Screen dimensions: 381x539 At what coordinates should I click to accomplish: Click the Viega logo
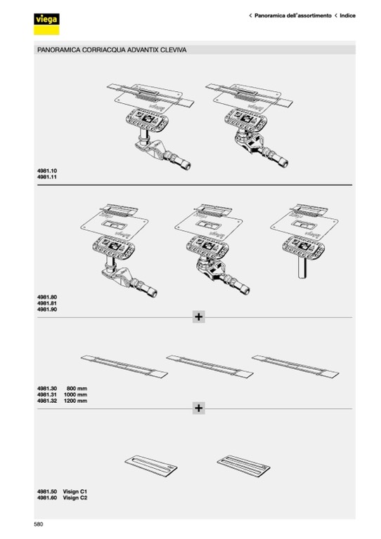click(46, 24)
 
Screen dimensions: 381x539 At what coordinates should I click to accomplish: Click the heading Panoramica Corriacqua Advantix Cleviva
click(112, 50)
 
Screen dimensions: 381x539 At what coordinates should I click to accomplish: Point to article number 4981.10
click(47, 171)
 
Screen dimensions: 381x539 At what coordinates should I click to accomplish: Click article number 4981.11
click(47, 177)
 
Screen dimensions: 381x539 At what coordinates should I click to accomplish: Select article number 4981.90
click(47, 310)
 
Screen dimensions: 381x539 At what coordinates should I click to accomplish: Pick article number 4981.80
click(47, 297)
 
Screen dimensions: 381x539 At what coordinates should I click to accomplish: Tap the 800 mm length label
click(77, 388)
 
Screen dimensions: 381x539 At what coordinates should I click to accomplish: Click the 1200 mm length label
click(75, 401)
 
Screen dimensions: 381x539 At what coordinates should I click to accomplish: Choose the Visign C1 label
click(75, 491)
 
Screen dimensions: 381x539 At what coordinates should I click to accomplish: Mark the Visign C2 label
click(75, 498)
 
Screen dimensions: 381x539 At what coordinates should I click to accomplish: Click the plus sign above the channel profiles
click(199, 317)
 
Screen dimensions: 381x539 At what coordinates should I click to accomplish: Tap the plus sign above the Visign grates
click(199, 408)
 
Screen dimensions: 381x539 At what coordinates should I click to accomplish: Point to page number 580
click(39, 524)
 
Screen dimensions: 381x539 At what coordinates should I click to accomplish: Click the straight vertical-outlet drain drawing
click(304, 241)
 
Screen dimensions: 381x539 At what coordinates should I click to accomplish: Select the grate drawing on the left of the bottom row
click(150, 466)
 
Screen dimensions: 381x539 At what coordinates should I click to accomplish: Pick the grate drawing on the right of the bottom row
click(244, 466)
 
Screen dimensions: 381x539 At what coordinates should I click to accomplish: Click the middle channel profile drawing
click(209, 366)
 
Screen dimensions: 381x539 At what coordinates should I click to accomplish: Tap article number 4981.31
click(47, 394)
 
